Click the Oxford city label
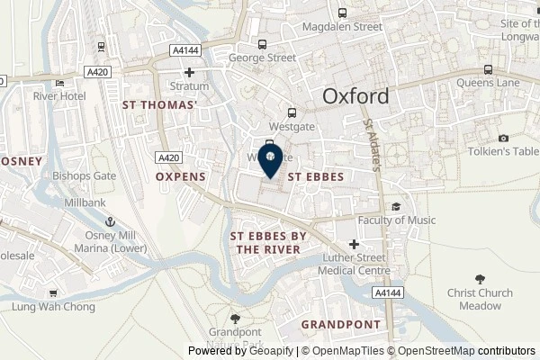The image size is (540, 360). click(x=356, y=96)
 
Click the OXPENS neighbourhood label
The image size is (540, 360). click(x=181, y=177)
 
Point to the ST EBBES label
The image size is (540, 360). click(x=315, y=177)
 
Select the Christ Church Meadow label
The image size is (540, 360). click(x=480, y=299)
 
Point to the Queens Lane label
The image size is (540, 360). click(x=508, y=83)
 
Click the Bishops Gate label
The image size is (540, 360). click(x=85, y=175)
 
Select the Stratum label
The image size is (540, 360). click(x=189, y=86)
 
